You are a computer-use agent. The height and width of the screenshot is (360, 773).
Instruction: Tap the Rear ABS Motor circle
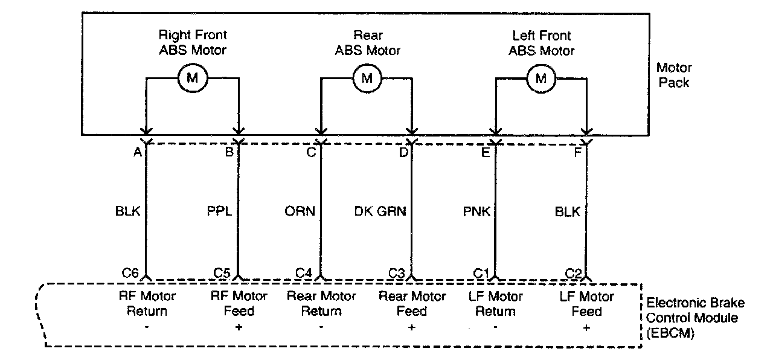[367, 77]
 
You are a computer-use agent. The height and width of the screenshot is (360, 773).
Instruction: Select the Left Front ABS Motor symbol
[541, 77]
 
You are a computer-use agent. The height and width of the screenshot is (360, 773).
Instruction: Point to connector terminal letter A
[137, 152]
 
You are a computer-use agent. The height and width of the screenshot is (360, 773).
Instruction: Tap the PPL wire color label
[219, 211]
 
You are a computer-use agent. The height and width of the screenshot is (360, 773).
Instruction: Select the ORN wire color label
[300, 211]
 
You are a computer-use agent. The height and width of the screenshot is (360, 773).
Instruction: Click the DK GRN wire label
[380, 211]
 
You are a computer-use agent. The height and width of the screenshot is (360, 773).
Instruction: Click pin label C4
[304, 273]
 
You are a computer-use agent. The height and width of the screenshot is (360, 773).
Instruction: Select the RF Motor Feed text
[239, 304]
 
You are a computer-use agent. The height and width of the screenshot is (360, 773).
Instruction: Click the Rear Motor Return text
[321, 304]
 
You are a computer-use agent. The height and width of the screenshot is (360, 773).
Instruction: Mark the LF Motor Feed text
[586, 304]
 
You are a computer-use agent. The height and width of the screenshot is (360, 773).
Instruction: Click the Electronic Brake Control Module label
[695, 318]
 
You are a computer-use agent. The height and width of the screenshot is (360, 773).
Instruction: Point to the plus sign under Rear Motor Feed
[412, 327]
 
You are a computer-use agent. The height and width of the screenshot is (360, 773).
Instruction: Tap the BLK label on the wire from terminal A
[127, 211]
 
